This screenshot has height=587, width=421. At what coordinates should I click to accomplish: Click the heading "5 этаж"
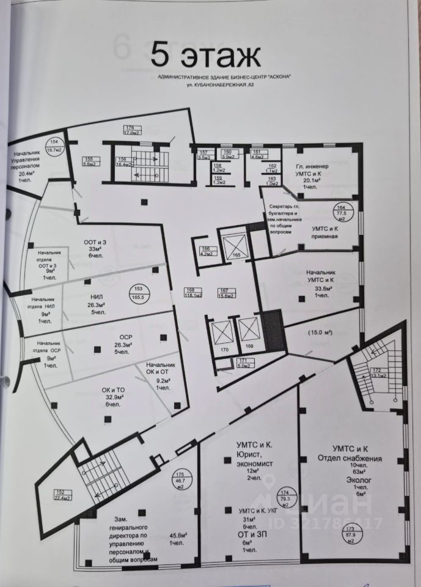click(x=206, y=56)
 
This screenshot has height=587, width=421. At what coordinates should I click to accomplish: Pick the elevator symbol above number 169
click(x=248, y=333)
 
